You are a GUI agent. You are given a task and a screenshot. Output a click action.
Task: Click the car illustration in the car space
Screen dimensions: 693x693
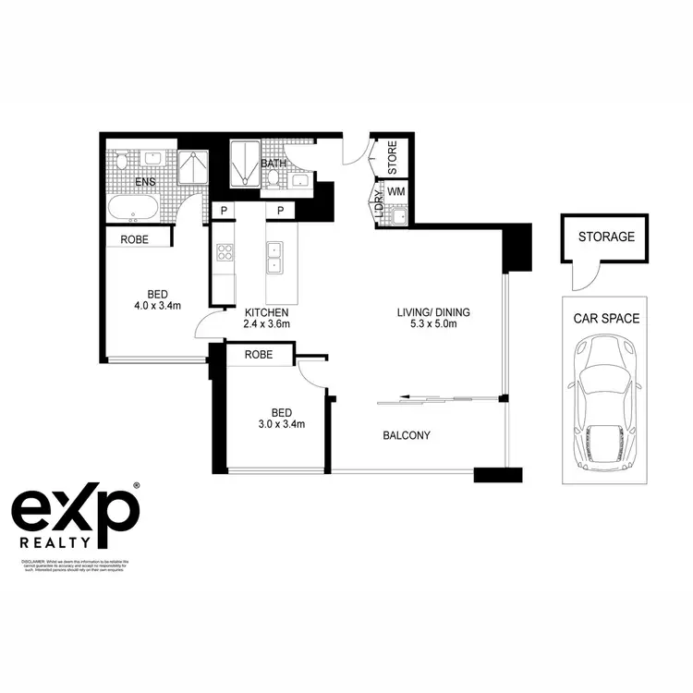[607, 401]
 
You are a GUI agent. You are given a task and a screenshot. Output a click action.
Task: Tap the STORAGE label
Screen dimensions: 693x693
[606, 237]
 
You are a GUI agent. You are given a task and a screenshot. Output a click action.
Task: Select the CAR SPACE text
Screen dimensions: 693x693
[606, 319]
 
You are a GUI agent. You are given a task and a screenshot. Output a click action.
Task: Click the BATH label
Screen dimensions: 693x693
[274, 164]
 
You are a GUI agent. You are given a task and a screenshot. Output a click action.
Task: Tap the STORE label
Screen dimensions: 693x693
[393, 158]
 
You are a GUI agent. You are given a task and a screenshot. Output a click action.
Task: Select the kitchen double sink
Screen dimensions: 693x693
[274, 258]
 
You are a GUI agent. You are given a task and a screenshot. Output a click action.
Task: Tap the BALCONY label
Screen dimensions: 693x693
[407, 435]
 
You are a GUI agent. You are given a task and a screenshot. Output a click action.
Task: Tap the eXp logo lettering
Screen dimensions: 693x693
[74, 507]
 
